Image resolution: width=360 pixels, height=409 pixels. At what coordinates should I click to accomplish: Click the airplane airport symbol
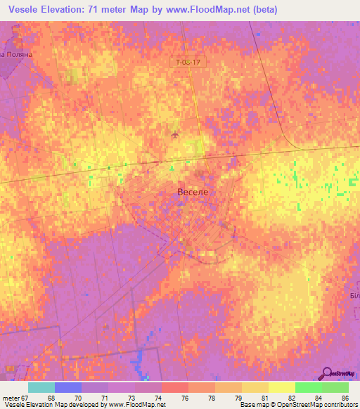tap(175, 134)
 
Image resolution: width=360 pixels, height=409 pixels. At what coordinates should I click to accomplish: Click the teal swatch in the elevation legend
tap(41, 387)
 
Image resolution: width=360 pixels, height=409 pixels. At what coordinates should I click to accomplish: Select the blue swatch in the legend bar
tap(68, 387)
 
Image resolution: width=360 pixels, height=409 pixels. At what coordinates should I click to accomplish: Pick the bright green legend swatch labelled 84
tap(308, 387)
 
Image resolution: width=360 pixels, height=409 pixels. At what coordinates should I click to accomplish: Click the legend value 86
tap(345, 397)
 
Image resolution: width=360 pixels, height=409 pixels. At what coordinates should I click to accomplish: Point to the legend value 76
tap(184, 397)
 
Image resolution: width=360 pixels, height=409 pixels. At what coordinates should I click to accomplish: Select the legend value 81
tap(265, 397)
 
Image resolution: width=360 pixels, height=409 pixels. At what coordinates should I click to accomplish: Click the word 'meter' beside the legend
tap(11, 397)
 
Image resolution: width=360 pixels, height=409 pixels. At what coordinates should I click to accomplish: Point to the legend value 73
tap(131, 397)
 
